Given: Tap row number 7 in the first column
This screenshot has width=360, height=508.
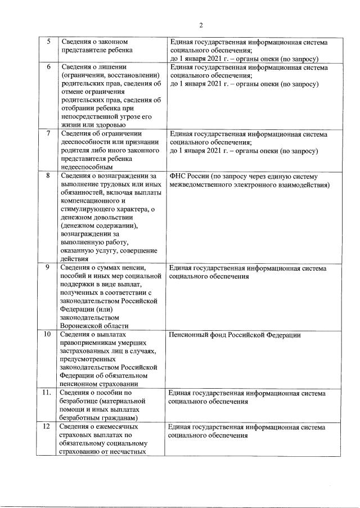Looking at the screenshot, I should point(48,134).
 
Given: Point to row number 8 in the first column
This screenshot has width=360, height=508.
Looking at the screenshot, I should point(48,176).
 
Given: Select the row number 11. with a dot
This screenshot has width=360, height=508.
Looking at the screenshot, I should point(48,393).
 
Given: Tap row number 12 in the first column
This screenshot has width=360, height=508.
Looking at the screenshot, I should point(48,427).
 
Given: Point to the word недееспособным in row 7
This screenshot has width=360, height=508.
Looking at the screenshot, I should point(87,167).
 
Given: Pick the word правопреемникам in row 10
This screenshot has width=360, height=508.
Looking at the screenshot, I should point(91,344).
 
